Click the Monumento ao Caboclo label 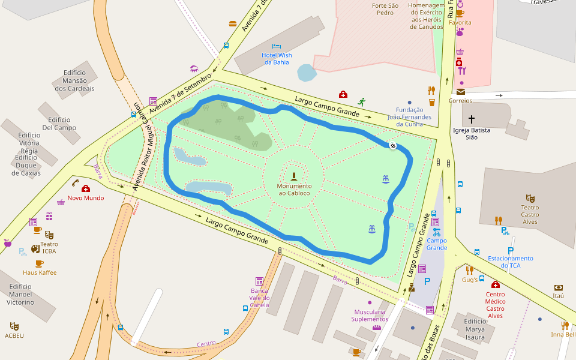point(294,190)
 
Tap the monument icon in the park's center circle point(294,176)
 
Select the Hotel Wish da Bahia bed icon point(276,46)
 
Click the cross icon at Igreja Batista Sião point(472,119)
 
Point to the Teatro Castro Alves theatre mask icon point(530,197)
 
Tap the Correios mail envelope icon point(460,92)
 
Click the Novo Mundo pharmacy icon point(86,188)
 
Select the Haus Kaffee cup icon point(40,263)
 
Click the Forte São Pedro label point(385,9)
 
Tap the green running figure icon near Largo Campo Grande point(361,102)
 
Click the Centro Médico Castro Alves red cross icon point(496,284)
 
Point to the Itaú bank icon point(559,287)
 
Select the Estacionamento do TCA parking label point(511,262)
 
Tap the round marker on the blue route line point(393,146)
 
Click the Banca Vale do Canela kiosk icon point(259,281)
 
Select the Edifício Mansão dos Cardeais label point(74,80)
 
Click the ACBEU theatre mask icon point(14,326)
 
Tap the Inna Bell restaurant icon point(565,325)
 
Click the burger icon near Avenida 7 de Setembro point(233,23)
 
